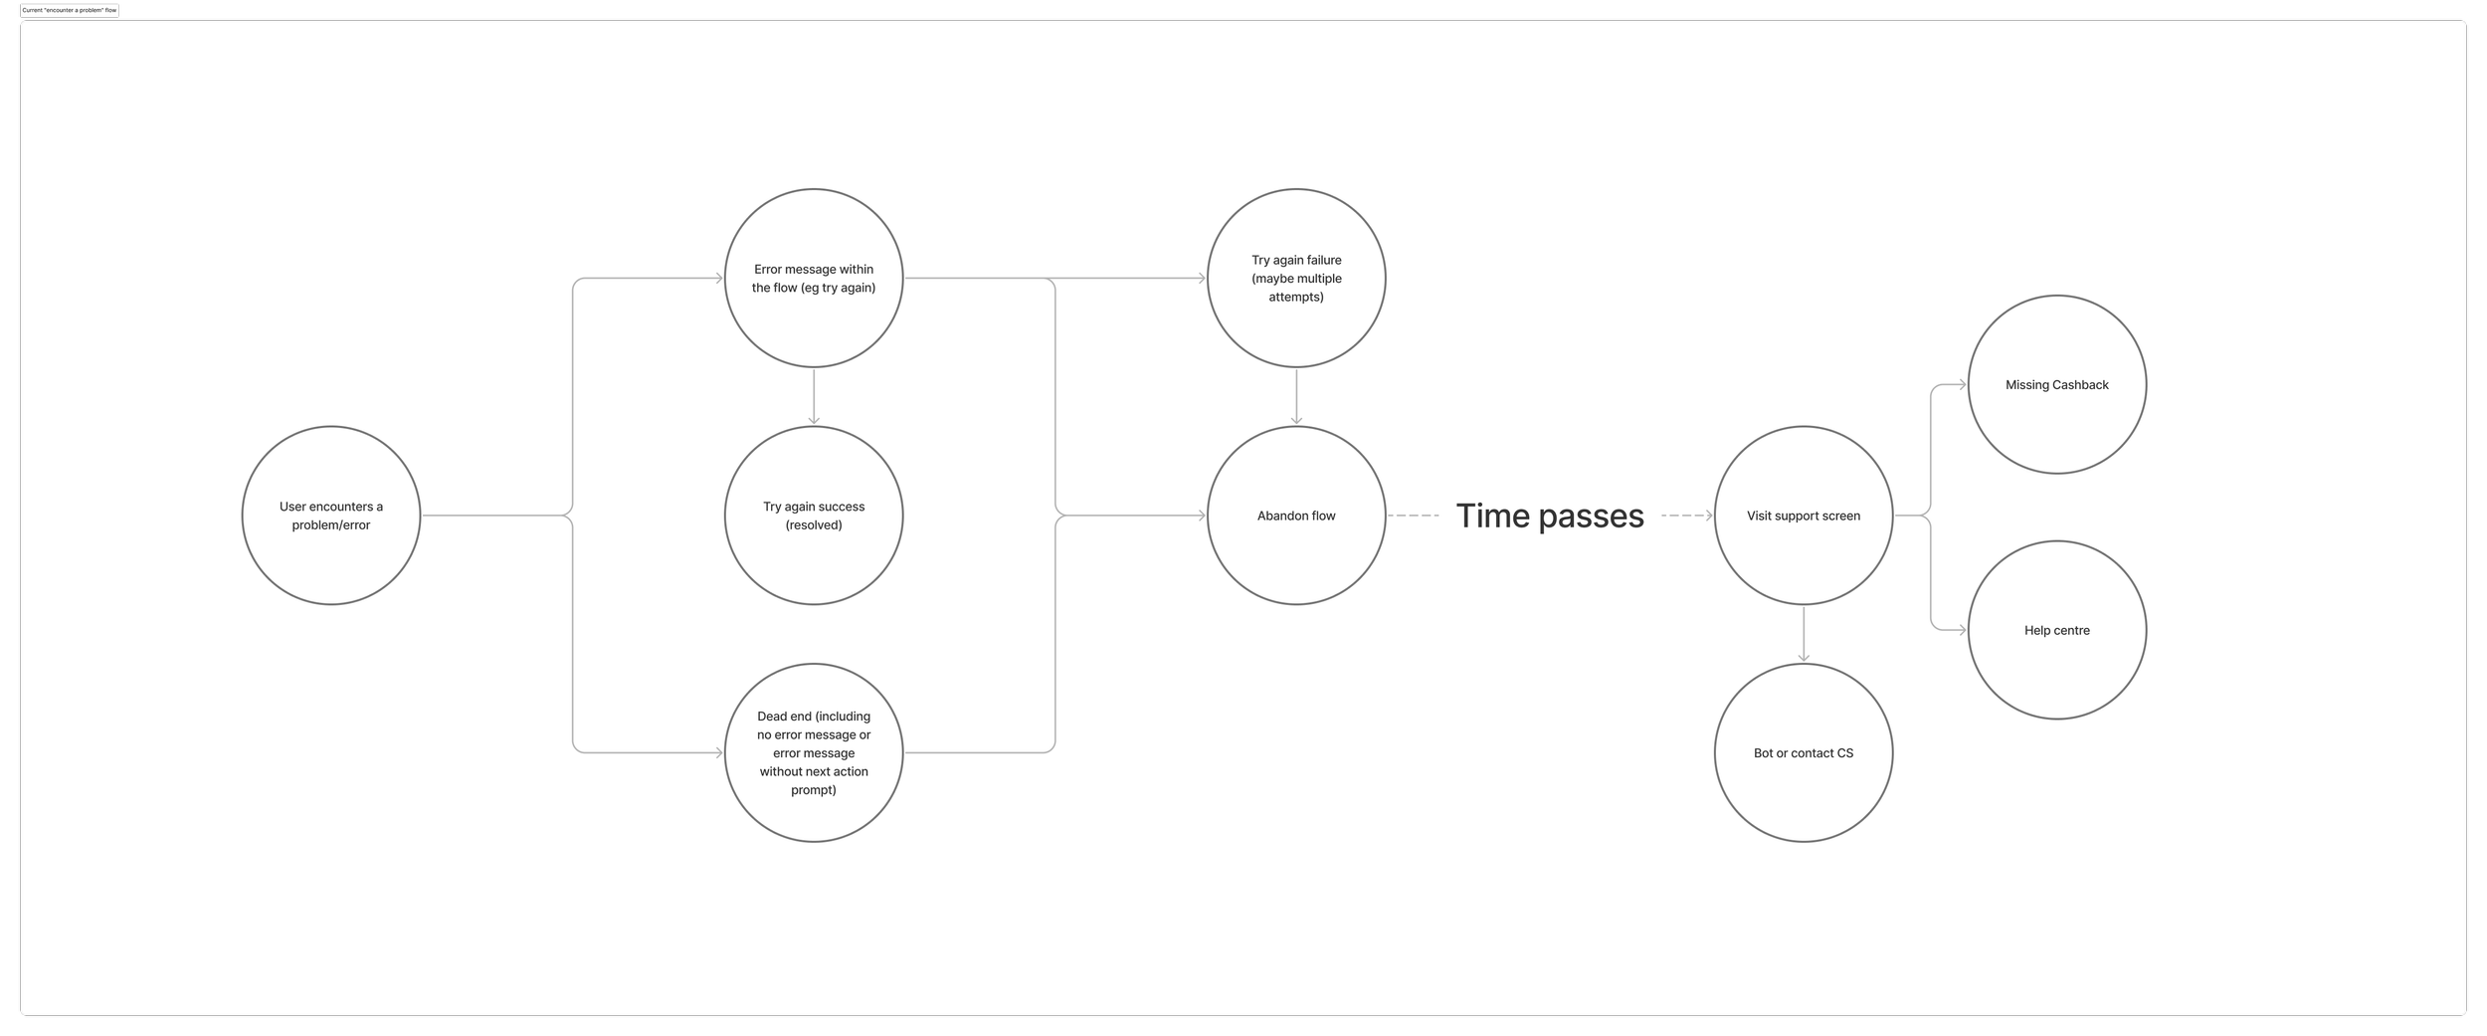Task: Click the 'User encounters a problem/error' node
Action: point(330,516)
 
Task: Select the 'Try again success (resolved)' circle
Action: point(814,516)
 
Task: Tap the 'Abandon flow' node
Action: point(1295,516)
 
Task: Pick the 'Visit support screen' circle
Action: point(1803,516)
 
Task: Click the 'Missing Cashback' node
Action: point(2056,384)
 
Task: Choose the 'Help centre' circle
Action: point(2056,630)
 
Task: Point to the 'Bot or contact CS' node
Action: point(1803,753)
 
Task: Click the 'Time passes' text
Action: point(1549,516)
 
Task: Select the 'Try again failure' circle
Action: point(1295,279)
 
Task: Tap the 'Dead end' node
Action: point(814,753)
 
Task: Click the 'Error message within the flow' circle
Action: point(814,279)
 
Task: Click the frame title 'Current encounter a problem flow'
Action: point(70,10)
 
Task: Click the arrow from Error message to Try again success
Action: point(814,396)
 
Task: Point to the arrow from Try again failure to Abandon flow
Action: point(1295,396)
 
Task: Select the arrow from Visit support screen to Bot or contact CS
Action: point(1804,633)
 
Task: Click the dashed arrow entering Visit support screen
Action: point(1686,516)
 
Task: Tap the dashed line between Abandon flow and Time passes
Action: point(1413,516)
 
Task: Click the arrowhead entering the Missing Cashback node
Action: point(1962,384)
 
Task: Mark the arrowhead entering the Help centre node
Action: point(1962,630)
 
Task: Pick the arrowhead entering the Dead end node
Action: point(718,753)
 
